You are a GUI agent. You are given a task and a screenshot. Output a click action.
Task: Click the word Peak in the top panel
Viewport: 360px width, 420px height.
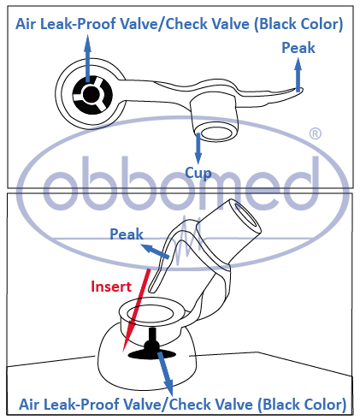298,48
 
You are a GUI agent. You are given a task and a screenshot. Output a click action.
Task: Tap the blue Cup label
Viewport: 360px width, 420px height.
198,173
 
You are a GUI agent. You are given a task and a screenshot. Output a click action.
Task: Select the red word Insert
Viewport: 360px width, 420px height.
111,287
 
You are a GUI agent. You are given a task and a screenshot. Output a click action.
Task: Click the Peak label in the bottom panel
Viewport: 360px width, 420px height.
127,234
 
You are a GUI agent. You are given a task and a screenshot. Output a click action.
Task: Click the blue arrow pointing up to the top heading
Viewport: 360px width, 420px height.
87,59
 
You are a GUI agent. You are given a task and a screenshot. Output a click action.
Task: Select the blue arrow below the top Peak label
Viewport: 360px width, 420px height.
298,74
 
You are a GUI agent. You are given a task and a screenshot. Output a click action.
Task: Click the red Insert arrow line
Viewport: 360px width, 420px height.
136,311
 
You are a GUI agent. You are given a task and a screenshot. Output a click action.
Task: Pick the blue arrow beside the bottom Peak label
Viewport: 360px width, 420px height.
156,251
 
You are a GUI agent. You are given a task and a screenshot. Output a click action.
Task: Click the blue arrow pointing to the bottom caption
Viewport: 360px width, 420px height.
165,374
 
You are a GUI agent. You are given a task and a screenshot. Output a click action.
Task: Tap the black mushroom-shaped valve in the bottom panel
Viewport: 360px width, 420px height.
152,346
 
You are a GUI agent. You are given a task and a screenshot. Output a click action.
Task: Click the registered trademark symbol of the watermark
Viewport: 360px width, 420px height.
315,133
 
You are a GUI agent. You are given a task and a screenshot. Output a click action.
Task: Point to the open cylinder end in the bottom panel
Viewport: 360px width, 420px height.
246,216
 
